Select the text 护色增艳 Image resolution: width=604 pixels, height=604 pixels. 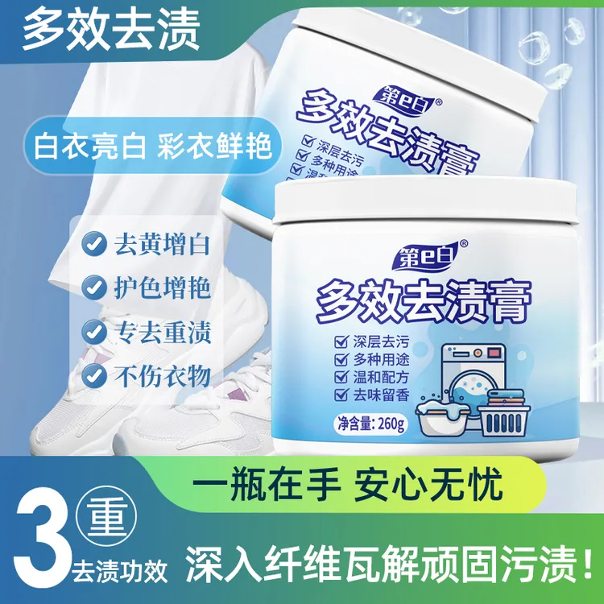165,286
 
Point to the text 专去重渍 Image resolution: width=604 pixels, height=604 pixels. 165,330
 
